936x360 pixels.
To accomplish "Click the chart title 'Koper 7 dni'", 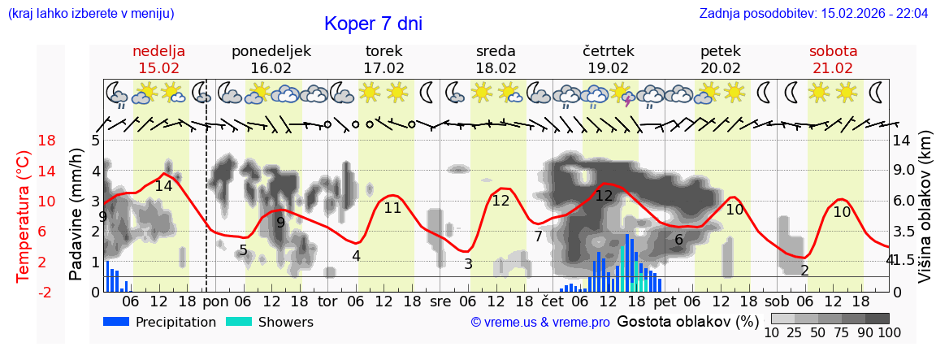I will pos(373,24).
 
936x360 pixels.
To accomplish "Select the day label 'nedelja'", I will pos(159,51).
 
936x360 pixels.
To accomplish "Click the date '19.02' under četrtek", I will pos(608,68).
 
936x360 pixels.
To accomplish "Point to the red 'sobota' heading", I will pos(833,51).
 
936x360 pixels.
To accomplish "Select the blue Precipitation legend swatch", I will pos(117,322).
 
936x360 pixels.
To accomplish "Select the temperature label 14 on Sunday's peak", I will pos(163,186).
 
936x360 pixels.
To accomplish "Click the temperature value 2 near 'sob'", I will pos(804,271).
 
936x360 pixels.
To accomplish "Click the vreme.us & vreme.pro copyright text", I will pos(540,323).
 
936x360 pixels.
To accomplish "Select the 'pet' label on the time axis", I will pos(665,301).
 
